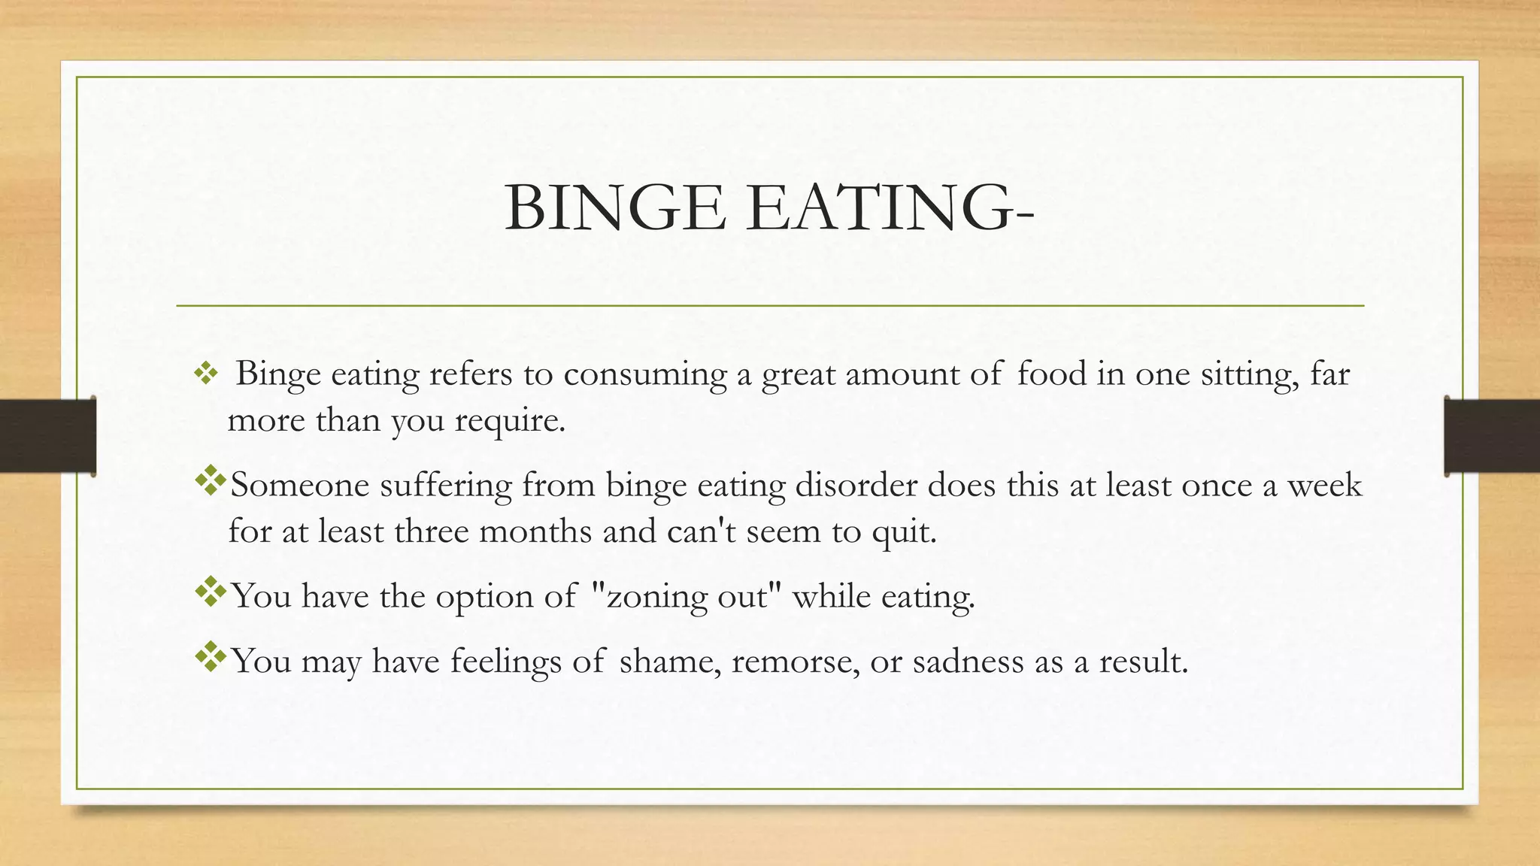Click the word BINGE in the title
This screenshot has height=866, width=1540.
click(x=615, y=207)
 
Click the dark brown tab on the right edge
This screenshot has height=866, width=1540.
click(x=1492, y=436)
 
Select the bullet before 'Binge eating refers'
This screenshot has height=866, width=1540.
click(x=205, y=374)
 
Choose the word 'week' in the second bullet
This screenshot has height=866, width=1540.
click(x=1324, y=485)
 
